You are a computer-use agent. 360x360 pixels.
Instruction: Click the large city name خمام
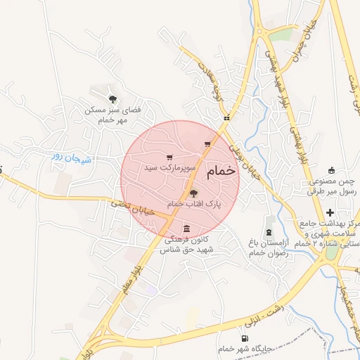pos(221,172)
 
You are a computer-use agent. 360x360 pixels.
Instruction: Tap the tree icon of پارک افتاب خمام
pos(195,193)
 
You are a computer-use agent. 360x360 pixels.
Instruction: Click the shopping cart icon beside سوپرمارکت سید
pos(169,157)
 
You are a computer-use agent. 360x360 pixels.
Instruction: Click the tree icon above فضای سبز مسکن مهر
pos(112,99)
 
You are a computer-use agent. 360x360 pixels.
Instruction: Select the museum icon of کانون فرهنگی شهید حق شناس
pos(186,229)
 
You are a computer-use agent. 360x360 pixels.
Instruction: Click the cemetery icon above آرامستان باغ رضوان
pos(269,232)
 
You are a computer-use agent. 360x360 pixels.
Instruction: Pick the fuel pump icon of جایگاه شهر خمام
pos(245,338)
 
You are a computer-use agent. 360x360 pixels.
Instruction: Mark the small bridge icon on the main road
pos(226,119)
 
